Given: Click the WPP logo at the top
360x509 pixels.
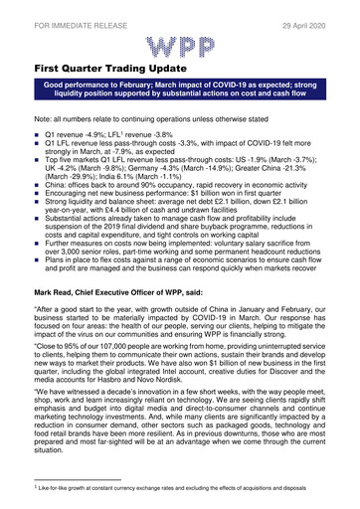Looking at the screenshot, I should point(179,44).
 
